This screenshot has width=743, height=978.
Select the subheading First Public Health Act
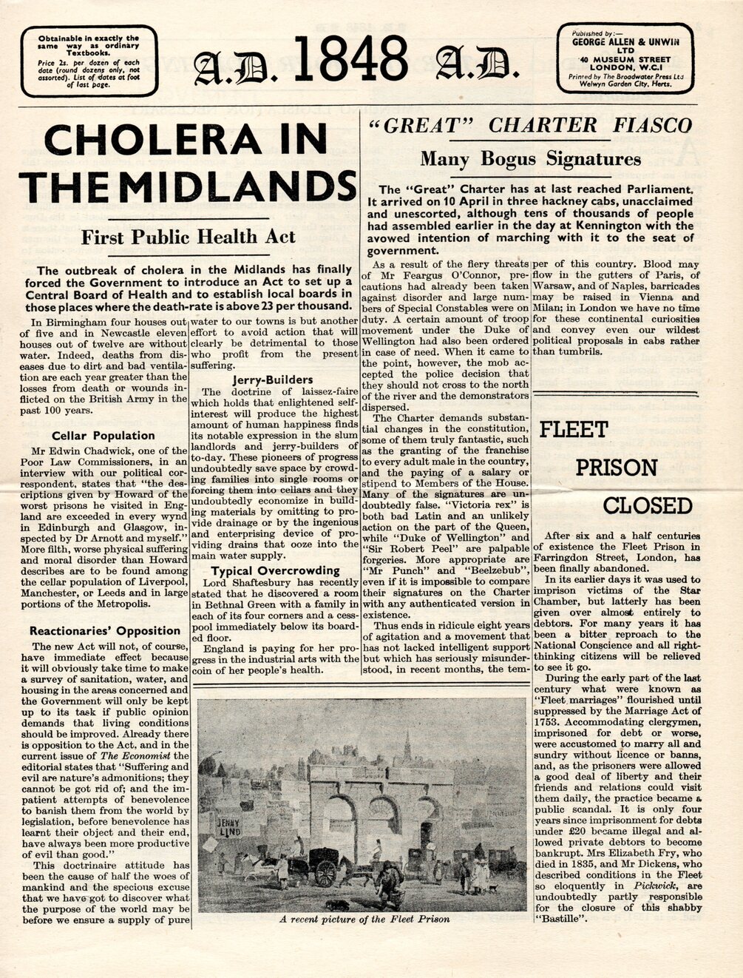point(188,237)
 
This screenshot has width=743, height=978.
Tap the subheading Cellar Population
point(104,436)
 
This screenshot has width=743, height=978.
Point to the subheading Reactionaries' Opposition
point(105,631)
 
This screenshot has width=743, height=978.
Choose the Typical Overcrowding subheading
point(275,570)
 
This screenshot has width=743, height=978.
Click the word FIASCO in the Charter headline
point(652,124)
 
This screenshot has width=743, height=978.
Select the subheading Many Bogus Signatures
point(530,158)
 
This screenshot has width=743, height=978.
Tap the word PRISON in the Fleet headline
point(616,468)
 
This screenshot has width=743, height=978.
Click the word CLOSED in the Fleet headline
point(647,506)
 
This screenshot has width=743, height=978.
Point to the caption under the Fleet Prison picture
point(364,919)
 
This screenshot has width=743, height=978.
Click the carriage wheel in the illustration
point(325,873)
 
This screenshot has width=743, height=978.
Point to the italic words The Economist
point(135,756)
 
